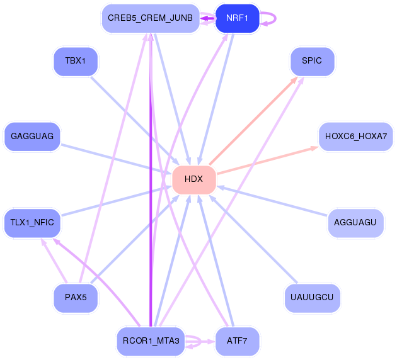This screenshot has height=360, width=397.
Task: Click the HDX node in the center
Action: (194, 180)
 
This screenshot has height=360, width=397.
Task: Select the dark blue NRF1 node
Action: (237, 18)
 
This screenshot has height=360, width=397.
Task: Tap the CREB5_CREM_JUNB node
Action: (151, 18)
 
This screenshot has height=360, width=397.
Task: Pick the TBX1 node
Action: (76, 62)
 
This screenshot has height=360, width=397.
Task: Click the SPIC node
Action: (312, 62)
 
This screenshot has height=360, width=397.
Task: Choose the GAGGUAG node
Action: (32, 137)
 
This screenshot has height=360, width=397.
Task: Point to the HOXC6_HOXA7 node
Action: (356, 137)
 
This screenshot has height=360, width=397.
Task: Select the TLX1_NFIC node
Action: (32, 223)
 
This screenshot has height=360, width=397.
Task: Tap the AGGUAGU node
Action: (355, 223)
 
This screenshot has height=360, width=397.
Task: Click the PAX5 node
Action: (76, 298)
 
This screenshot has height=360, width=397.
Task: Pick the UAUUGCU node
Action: (312, 298)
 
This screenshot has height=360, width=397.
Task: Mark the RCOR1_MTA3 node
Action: (151, 341)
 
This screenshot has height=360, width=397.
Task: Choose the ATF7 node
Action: (237, 341)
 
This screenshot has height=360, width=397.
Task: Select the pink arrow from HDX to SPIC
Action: (253, 121)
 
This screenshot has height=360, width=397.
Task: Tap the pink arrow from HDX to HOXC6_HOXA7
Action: (268, 160)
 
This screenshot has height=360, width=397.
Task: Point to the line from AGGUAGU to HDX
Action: (272, 201)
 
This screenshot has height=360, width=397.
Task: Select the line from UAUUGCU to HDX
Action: (253, 239)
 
